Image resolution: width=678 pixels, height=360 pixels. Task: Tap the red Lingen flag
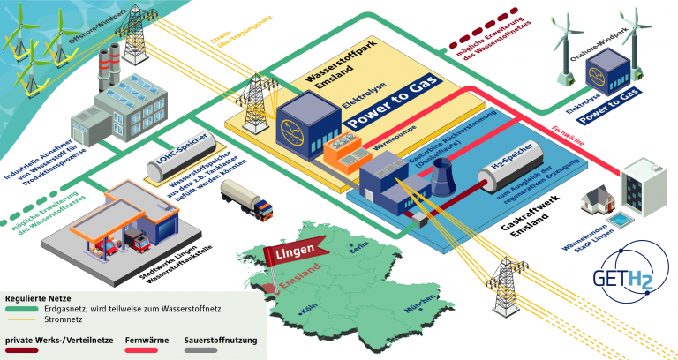(x=289, y=257)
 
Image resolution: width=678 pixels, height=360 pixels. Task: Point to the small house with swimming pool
(x=597, y=205)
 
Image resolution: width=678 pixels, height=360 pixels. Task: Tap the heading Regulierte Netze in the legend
(x=41, y=299)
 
